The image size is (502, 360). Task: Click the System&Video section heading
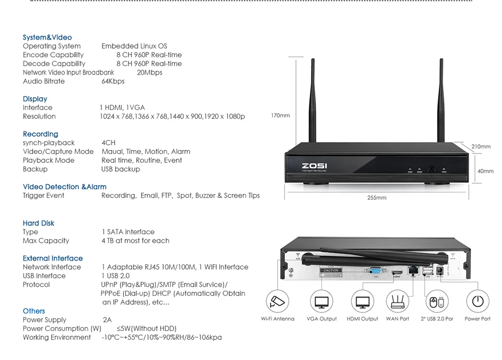tap(47, 38)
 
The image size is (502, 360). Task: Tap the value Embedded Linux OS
tap(134, 46)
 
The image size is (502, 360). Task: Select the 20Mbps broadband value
tap(149, 72)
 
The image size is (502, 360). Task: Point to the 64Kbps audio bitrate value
tap(113, 81)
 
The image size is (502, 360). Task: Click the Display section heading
tap(35, 99)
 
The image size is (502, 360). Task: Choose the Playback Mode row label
tap(49, 160)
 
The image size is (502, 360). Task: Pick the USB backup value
tap(120, 169)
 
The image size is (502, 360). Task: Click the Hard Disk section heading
tap(39, 223)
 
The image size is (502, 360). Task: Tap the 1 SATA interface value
tap(128, 232)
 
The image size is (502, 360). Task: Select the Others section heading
tap(34, 311)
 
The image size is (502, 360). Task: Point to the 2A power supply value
tap(107, 320)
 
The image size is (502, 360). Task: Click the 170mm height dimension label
tap(280, 116)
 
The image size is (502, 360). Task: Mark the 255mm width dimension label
tap(377, 198)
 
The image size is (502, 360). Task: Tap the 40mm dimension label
tap(485, 171)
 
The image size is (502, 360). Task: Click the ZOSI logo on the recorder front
tap(312, 165)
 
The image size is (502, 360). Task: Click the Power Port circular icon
tap(478, 302)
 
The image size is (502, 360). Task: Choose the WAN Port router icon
tap(398, 302)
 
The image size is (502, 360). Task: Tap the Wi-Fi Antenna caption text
tap(277, 319)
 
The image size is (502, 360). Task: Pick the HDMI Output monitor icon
tap(362, 302)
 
